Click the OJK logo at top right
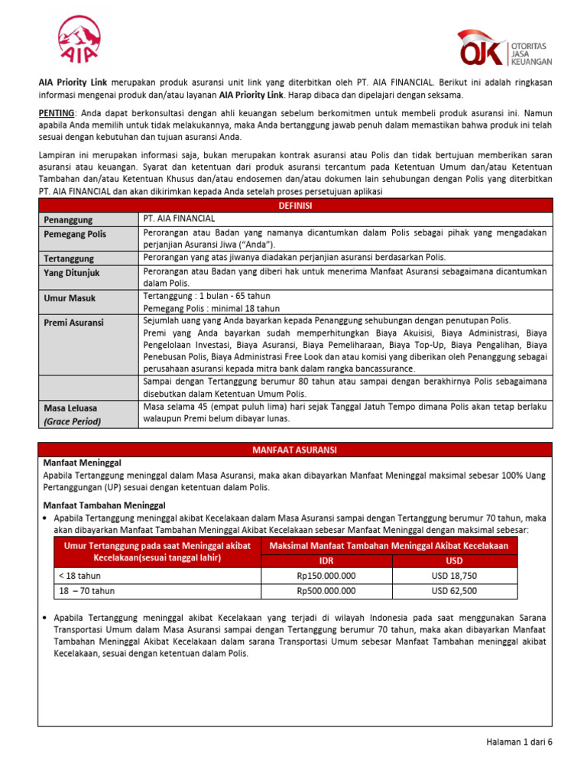504,48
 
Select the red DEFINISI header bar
294,206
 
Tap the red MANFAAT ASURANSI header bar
294,450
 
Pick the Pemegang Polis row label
75,234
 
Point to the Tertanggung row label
68,258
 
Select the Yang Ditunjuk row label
71,272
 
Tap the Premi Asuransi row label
73,323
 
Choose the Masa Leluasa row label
70,408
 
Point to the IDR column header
326,560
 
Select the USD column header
454,560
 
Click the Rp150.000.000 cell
326,576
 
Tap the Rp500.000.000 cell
326,590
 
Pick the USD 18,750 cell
454,576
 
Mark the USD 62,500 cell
454,590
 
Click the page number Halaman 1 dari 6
519,742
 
